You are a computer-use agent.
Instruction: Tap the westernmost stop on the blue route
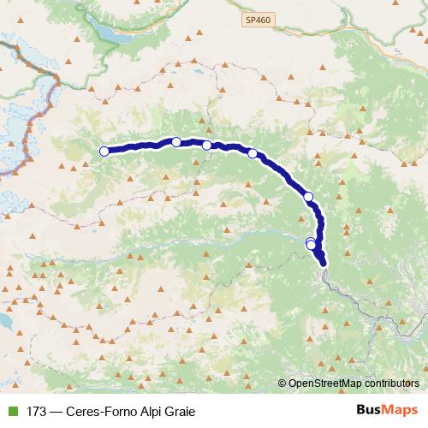(104, 152)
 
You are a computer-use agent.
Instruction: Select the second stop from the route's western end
(176, 142)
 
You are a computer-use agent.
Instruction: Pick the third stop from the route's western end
(207, 146)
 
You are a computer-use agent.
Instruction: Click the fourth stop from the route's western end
(253, 154)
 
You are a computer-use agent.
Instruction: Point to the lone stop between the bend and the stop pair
(308, 197)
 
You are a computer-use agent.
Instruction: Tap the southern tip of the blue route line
(324, 265)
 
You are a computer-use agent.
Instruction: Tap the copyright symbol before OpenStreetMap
(282, 384)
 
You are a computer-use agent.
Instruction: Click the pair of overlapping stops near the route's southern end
(312, 244)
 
